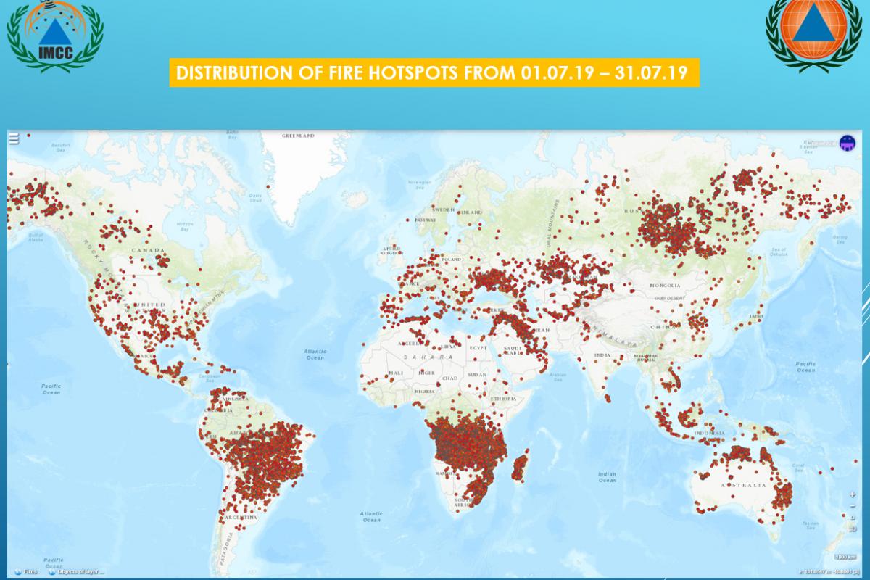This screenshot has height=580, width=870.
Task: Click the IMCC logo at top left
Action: tap(54, 36)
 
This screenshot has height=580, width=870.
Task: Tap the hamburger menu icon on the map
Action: tap(14, 139)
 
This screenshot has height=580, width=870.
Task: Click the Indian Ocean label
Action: tap(607, 476)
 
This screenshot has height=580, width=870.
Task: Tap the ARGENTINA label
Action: tap(241, 518)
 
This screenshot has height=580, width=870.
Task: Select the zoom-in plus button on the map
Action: tap(853, 494)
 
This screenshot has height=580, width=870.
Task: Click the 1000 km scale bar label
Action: tap(840, 557)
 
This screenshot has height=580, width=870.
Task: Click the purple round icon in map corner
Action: tap(846, 143)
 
